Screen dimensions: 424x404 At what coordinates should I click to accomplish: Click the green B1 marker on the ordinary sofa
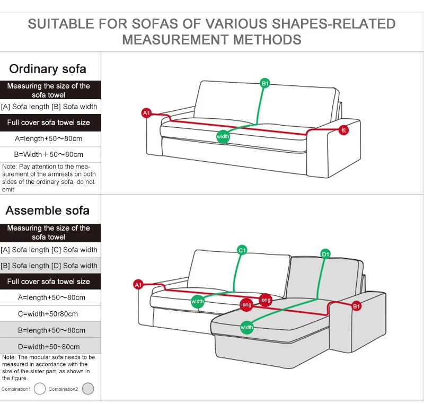pos(265,83)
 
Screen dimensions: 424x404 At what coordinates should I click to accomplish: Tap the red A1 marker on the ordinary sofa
pos(147,112)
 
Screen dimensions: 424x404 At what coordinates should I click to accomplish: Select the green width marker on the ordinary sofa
pos(223,137)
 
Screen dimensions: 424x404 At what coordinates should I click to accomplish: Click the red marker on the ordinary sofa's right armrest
pos(344,130)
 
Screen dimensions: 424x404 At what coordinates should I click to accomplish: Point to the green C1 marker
pos(242,250)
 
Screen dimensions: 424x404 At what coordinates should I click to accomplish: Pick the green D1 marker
pos(325,254)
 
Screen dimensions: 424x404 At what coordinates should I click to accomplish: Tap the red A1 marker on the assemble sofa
pos(138,285)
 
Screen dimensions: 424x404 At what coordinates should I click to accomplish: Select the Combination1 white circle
pos(40,389)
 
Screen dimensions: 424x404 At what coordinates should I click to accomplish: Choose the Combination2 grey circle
pos(88,389)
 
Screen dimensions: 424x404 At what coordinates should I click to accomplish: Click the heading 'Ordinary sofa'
pos(48,69)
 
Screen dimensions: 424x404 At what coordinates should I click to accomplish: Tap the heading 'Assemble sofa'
pos(48,210)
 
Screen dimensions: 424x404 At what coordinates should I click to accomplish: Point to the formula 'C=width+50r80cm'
pos(48,314)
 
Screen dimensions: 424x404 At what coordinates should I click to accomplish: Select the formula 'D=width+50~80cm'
pos(49,347)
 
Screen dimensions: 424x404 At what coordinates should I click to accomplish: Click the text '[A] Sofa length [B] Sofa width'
pos(49,107)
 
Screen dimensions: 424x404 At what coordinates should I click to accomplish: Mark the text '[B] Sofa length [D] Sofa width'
pos(49,266)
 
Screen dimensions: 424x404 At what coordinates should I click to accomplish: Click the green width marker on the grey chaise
pos(247,327)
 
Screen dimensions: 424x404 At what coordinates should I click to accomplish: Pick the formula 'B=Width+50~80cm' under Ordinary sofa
pos(49,155)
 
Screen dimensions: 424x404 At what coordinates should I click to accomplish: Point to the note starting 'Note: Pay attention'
pos(49,178)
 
